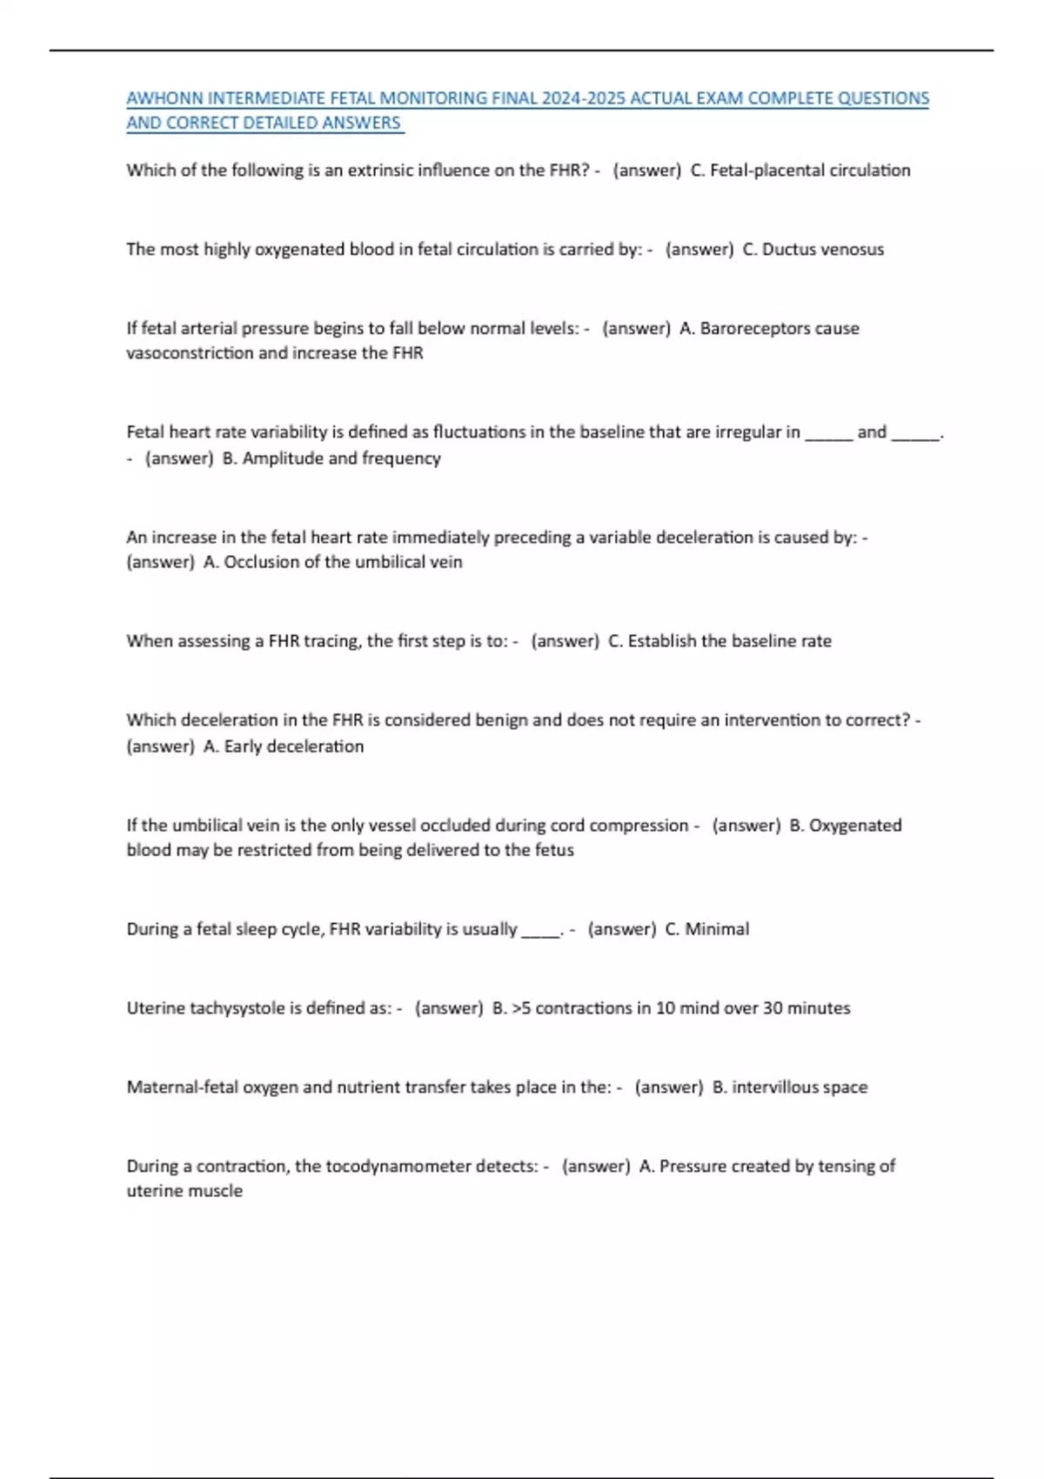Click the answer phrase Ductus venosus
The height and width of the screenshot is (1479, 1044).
823,250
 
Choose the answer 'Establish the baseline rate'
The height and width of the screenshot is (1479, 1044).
729,641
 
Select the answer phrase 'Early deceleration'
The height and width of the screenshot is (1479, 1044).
294,746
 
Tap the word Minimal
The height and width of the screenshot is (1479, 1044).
717,929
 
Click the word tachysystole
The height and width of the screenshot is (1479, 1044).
237,1008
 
